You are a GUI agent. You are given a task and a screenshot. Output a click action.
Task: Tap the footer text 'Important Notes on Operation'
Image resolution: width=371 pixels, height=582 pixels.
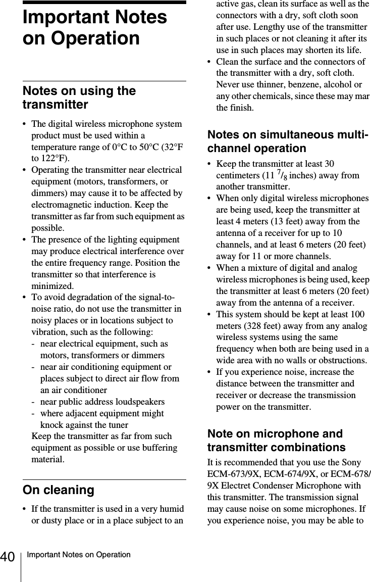[78, 555]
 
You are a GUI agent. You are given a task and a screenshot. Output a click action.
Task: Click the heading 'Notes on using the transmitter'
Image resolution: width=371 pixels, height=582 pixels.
[79, 98]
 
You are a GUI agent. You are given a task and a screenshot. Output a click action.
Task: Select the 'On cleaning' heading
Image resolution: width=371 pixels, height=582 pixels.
[58, 490]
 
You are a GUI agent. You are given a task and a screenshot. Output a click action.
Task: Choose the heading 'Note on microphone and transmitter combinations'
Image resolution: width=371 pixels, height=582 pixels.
[277, 441]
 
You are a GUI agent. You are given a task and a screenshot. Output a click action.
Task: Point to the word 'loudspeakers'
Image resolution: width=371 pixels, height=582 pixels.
[139, 402]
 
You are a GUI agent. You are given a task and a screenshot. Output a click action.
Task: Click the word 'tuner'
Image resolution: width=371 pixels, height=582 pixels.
[116, 425]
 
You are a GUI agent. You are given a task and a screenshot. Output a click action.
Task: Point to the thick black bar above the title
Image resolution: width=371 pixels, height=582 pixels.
[104, 3]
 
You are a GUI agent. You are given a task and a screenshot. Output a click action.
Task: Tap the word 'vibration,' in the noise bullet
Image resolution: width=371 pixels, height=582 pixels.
[50, 332]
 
